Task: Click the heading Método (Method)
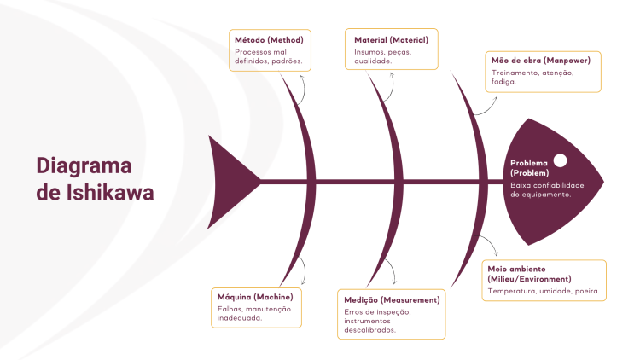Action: click(x=269, y=39)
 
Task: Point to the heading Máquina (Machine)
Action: click(x=255, y=296)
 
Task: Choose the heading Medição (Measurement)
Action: click(x=392, y=300)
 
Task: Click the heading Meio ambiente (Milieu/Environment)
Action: click(x=529, y=273)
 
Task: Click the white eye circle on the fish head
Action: click(x=561, y=160)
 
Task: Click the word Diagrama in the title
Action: click(x=84, y=165)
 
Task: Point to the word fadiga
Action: click(x=504, y=82)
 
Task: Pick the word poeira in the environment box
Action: click(x=586, y=291)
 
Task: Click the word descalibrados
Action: click(x=370, y=329)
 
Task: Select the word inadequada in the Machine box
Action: click(x=238, y=318)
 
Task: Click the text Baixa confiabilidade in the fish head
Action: click(x=547, y=184)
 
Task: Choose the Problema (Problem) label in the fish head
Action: click(x=530, y=168)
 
